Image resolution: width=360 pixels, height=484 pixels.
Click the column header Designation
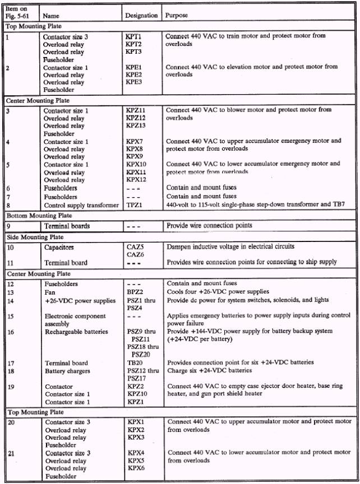[x=141, y=16]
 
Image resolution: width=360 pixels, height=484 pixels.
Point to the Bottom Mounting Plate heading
[x=38, y=216]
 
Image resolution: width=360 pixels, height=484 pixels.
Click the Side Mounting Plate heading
[x=35, y=238]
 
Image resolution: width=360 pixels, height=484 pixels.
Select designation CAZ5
[x=135, y=247]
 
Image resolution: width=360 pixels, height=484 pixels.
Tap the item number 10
[x=10, y=247]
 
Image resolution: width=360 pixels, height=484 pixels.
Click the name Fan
[x=50, y=291]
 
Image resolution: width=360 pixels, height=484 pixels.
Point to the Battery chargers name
[x=67, y=371]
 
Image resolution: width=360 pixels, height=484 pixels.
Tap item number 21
[x=10, y=452]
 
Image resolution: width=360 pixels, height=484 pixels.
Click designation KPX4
[x=136, y=452]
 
